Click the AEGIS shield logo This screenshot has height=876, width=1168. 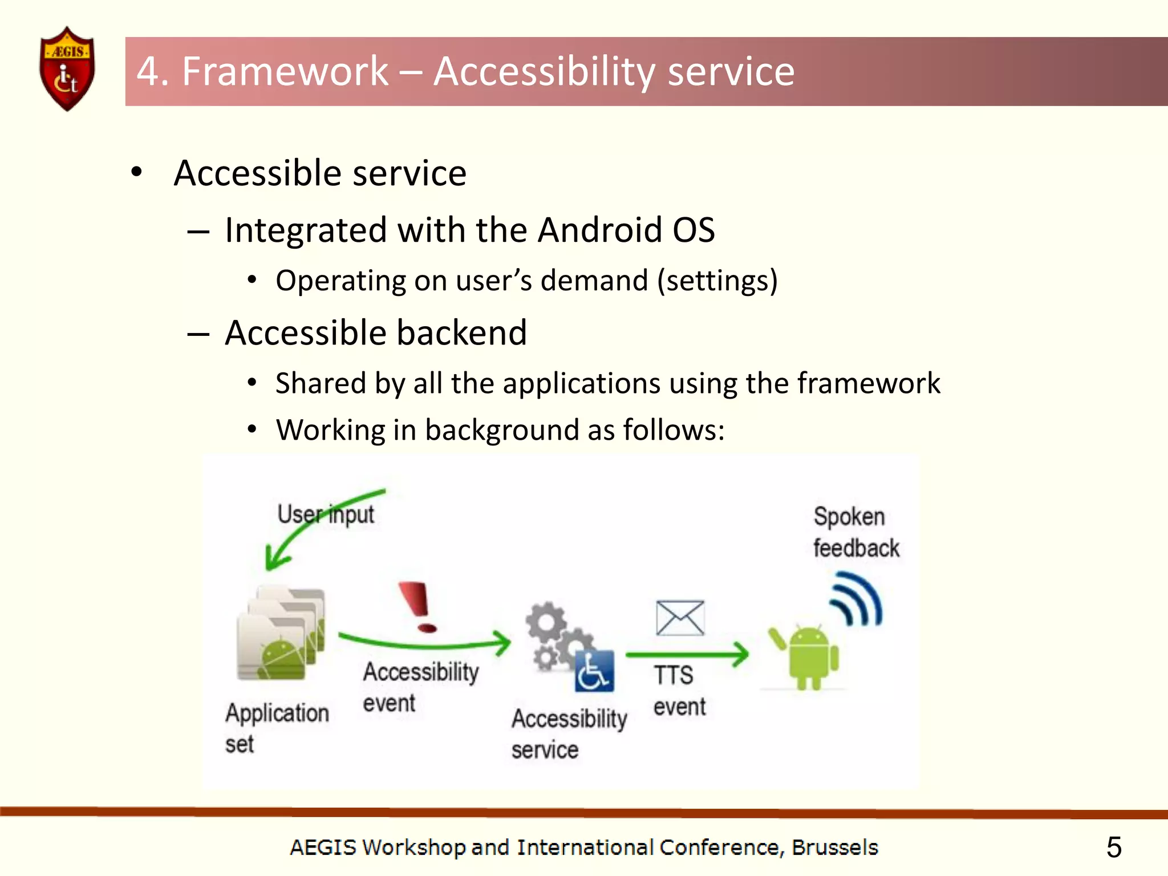67,68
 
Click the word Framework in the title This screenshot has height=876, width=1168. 285,72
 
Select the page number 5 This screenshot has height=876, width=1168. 1113,847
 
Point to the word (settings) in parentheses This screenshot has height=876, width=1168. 717,281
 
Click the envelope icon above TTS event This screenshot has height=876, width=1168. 680,618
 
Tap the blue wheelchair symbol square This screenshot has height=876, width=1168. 594,671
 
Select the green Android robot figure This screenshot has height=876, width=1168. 809,656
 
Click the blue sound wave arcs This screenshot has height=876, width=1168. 857,601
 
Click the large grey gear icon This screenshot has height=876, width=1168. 546,622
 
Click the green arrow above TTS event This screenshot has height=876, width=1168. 687,654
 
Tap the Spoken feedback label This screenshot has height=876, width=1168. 855,532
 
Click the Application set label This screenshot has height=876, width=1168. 277,728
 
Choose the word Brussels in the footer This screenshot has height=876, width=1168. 834,847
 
